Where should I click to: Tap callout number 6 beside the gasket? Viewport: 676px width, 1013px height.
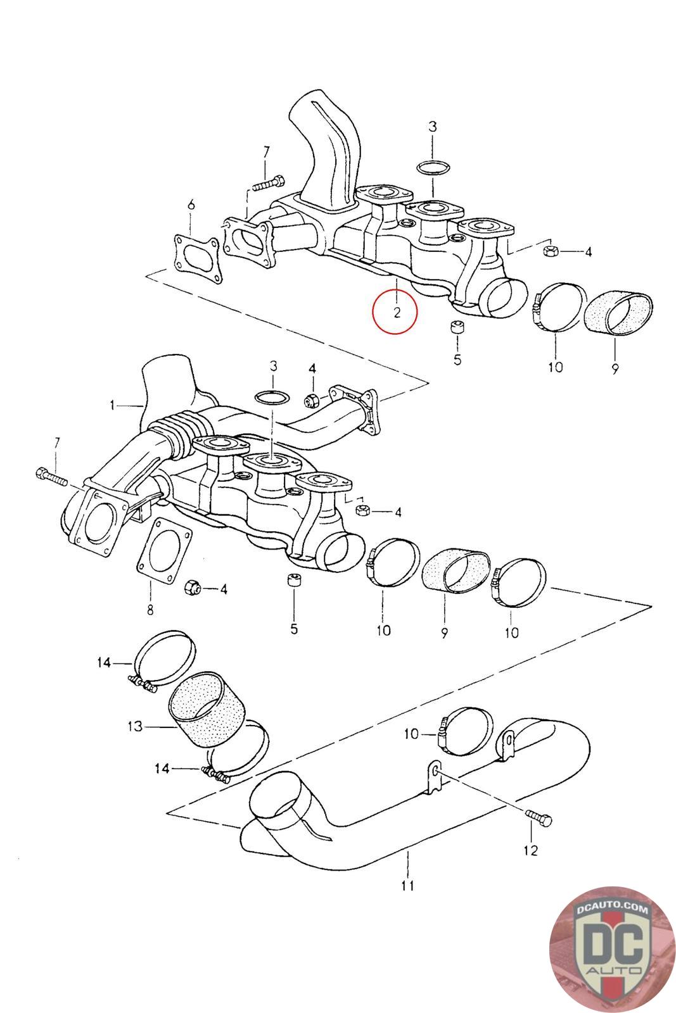click(191, 204)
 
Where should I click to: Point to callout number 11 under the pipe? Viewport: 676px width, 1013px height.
click(407, 885)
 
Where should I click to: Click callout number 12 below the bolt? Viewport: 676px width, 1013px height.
click(531, 850)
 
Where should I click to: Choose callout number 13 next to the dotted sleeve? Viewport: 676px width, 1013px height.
click(135, 726)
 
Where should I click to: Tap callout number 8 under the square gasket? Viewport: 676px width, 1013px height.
click(150, 610)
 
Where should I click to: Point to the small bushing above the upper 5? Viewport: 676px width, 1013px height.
click(457, 330)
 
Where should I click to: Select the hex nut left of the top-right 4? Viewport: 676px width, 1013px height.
click(549, 250)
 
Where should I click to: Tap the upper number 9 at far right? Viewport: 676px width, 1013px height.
click(615, 368)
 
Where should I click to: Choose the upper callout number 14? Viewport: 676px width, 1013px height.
click(104, 663)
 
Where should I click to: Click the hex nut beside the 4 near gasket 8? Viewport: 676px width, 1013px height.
click(191, 588)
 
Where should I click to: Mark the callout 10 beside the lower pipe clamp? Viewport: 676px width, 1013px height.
click(412, 733)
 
